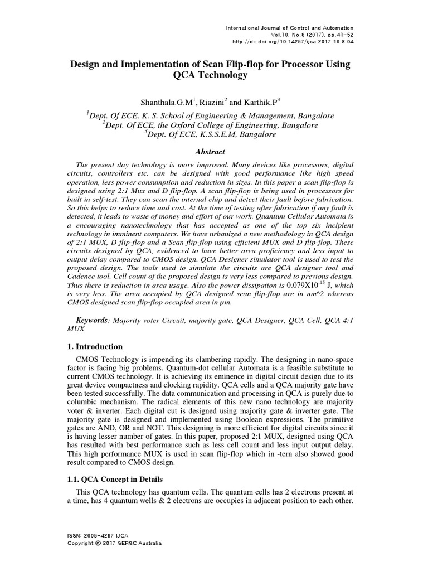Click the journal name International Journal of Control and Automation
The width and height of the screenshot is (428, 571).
[288, 27]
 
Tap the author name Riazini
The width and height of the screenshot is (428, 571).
[215, 102]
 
